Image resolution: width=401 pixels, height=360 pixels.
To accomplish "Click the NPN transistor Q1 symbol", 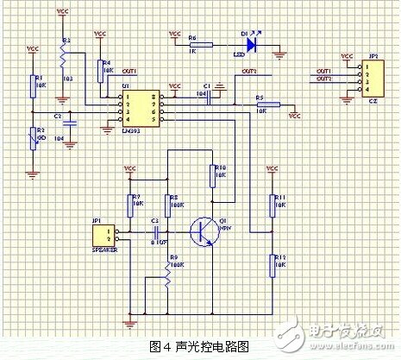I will (204, 231).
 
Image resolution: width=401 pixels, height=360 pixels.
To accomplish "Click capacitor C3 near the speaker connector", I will (155, 231).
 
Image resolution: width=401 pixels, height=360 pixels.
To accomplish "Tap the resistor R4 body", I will (101, 70).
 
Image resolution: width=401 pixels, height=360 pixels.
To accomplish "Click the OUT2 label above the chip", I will (248, 71).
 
